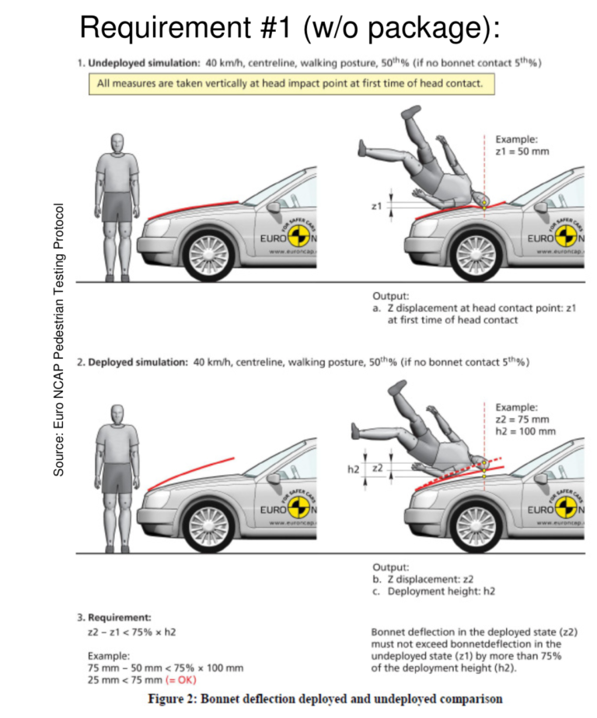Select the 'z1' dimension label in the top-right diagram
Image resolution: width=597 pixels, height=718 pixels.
(376, 207)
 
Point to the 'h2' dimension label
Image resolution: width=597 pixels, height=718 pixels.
(352, 469)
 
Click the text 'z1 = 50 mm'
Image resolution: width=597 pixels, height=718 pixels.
(522, 151)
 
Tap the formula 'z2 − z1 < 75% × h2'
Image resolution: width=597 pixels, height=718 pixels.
(132, 632)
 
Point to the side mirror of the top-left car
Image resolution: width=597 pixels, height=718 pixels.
(274, 207)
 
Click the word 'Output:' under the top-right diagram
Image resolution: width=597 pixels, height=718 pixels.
(388, 296)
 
